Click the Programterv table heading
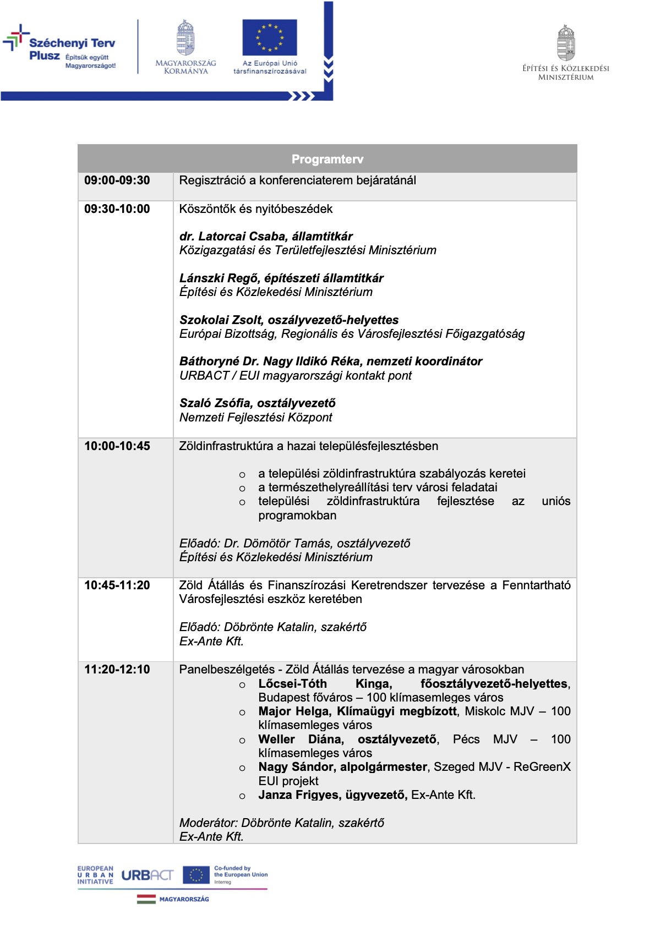pyautogui.click(x=327, y=160)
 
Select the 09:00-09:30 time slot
pyautogui.click(x=117, y=180)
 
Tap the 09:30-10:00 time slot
pyautogui.click(x=117, y=209)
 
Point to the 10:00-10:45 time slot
pyautogui.click(x=117, y=446)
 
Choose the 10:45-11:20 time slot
pyautogui.click(x=117, y=585)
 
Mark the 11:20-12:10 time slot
pyautogui.click(x=117, y=670)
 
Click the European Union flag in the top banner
pyautogui.click(x=270, y=37)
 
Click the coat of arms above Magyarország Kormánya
pyautogui.click(x=185, y=38)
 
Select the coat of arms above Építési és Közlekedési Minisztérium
pyautogui.click(x=566, y=43)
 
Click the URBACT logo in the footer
pyautogui.click(x=147, y=875)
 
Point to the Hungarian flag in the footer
pyautogui.click(x=146, y=899)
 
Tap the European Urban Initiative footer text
pyautogui.click(x=95, y=875)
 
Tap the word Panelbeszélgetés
pyautogui.click(x=227, y=670)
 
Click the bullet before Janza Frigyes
pyautogui.click(x=242, y=796)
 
